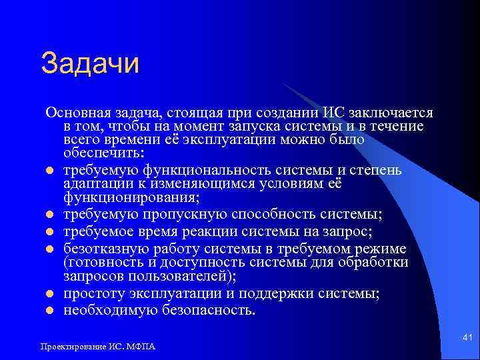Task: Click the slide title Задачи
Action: point(90,65)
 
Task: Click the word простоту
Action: point(91,293)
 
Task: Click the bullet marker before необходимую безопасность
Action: point(50,311)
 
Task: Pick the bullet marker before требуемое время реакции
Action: point(50,232)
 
